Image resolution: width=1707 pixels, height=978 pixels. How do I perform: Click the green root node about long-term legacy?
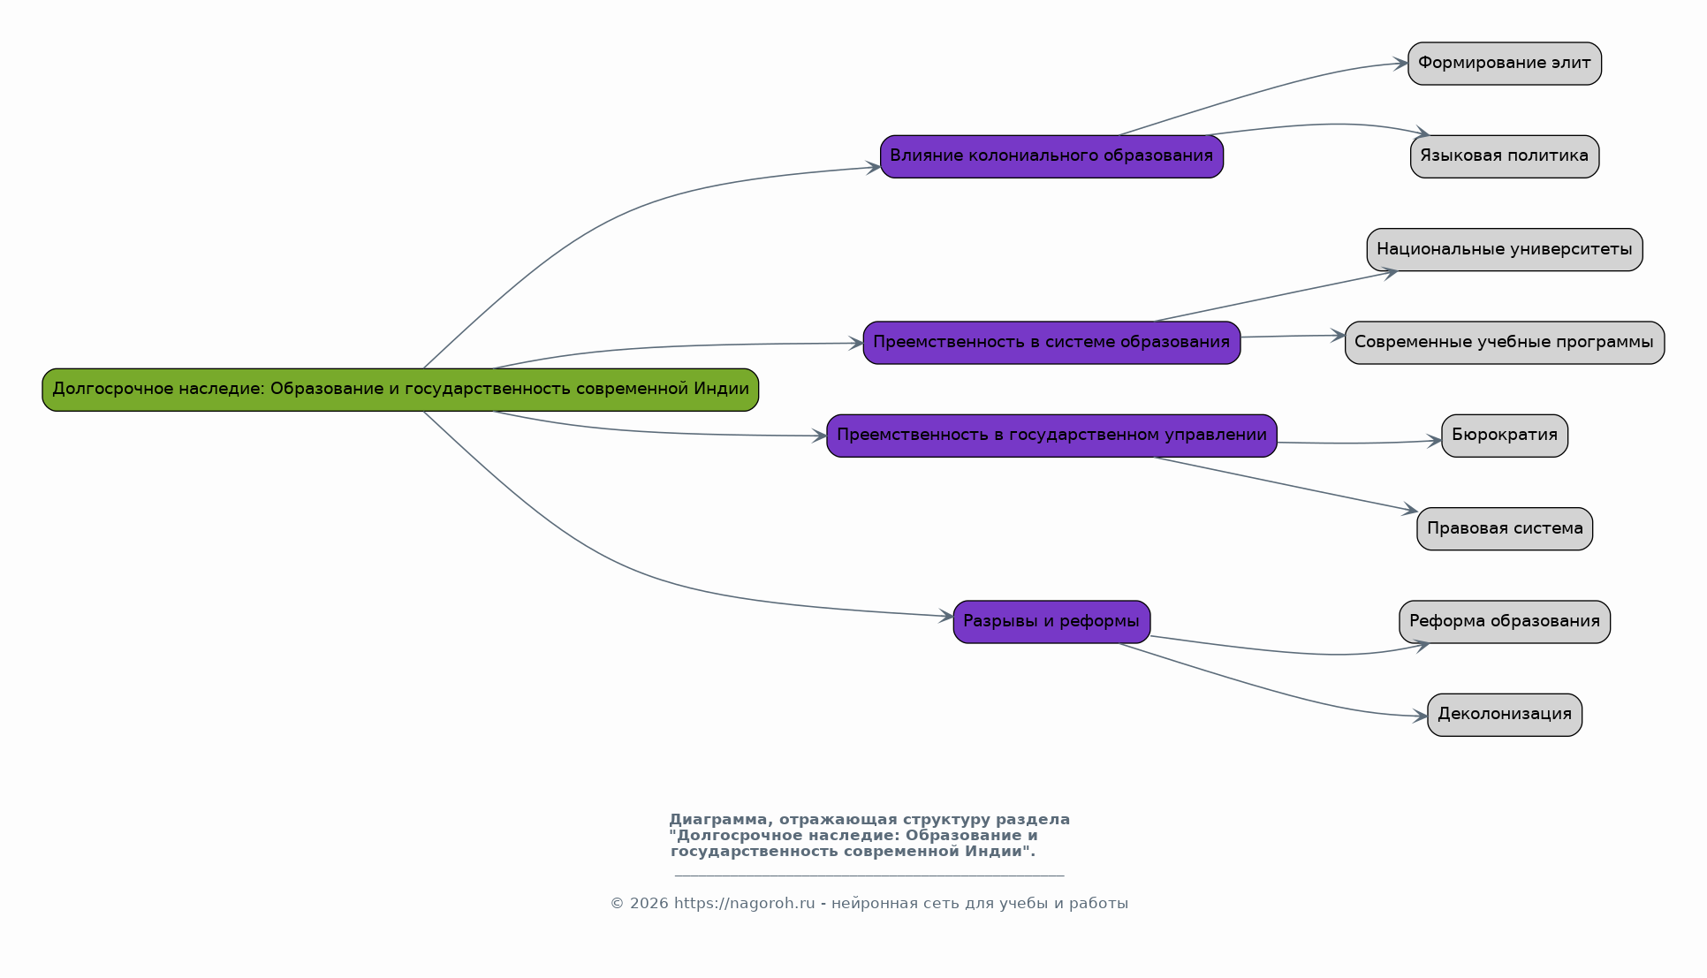coord(400,390)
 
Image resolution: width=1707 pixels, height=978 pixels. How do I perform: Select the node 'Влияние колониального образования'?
coord(1051,156)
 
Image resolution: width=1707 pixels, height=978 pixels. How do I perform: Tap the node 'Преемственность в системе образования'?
coord(1051,343)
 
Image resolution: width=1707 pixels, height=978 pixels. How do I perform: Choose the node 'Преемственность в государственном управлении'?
coord(1051,436)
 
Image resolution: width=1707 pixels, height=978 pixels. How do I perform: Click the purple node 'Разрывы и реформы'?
coord(1051,622)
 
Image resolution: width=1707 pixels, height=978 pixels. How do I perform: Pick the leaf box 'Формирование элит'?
coord(1505,64)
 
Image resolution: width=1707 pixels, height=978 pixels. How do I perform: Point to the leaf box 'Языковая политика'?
coord(1505,156)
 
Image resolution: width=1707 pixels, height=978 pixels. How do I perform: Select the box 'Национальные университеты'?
coord(1505,250)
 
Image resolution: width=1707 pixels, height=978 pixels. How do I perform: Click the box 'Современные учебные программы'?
coord(1505,343)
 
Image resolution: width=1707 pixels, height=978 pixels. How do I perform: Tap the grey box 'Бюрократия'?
coord(1505,436)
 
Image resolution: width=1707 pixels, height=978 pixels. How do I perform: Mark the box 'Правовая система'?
coord(1505,529)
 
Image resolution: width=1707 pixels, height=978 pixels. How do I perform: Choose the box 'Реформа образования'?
coord(1505,622)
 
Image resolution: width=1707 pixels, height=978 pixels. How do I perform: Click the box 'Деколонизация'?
coord(1505,715)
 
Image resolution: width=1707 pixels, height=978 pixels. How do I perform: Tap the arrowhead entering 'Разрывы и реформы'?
coord(946,616)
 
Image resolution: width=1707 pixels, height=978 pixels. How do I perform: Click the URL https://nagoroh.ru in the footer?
coord(744,904)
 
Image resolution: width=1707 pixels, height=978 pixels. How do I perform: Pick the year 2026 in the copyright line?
coord(649,904)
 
